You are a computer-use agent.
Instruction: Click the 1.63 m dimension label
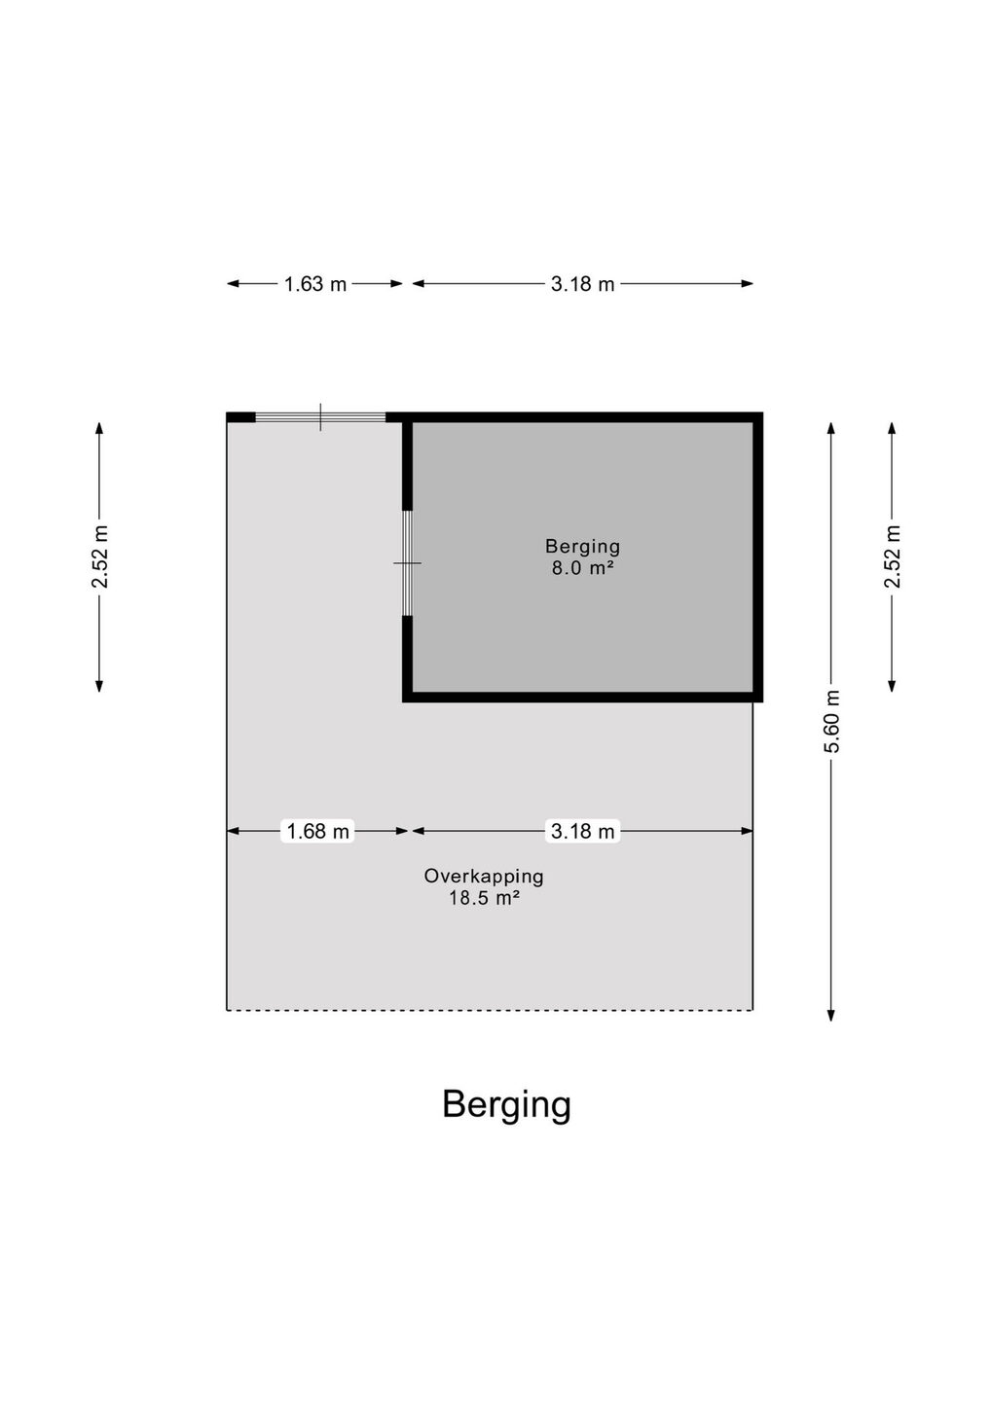coord(315,284)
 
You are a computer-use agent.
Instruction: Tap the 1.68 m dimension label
coord(317,831)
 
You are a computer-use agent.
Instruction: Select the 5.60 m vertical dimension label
coord(831,721)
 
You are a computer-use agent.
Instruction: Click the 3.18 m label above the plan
coord(582,284)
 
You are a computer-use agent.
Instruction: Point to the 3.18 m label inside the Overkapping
coord(582,831)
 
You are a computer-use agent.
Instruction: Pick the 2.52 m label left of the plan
coord(99,557)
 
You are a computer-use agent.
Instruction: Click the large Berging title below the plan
coord(507,1106)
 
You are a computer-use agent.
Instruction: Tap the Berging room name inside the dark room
coord(582,547)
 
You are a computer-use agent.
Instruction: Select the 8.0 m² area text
coord(582,568)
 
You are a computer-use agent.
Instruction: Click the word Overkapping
coord(484,877)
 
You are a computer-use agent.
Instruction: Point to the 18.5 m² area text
coord(485,899)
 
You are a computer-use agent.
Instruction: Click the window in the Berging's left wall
coord(407,563)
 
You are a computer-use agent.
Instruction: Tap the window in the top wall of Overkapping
coord(320,417)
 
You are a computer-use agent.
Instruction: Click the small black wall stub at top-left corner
coord(240,417)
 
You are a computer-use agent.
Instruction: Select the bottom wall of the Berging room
coord(582,698)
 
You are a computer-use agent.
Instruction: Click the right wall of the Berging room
coord(757,557)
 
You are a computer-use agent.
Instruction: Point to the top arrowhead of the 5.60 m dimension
coord(831,427)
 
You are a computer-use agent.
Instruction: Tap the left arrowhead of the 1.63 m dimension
coord(233,284)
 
